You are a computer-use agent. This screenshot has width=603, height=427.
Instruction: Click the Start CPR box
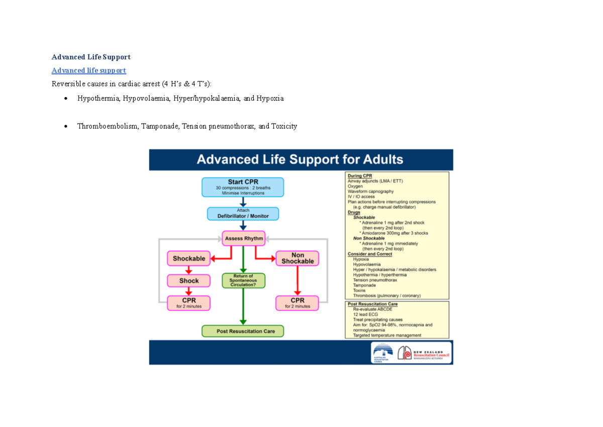tap(243, 187)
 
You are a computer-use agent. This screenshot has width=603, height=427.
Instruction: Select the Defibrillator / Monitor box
tap(243, 214)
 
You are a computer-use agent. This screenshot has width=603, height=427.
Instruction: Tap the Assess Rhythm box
tap(243, 238)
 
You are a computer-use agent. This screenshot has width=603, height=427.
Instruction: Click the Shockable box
tap(189, 259)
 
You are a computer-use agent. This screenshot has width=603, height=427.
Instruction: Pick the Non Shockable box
tap(297, 258)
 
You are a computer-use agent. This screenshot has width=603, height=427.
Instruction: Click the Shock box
tap(189, 281)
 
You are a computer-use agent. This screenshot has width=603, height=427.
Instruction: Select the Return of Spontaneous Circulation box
tap(243, 281)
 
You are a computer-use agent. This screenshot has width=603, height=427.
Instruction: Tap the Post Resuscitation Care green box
tap(243, 331)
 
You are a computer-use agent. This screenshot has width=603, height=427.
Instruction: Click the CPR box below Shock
tap(189, 303)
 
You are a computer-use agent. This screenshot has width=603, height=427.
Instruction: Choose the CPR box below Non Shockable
tap(297, 303)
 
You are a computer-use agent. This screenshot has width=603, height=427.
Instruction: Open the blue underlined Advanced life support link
tap(89, 70)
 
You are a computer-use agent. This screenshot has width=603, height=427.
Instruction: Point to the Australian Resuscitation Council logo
tap(383, 353)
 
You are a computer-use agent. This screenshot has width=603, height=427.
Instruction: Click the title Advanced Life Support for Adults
tap(300, 160)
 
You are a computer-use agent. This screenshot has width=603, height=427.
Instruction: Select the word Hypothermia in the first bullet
tap(97, 99)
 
